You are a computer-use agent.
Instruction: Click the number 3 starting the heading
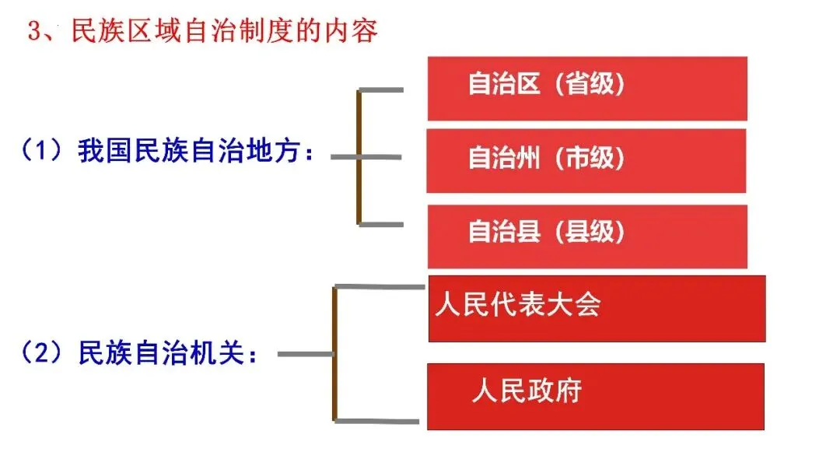point(33,32)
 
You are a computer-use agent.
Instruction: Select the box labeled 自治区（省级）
point(587,88)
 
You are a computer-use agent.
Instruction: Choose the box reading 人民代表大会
point(597,308)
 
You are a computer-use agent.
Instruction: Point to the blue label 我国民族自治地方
point(197,152)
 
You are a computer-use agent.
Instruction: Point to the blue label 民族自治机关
point(167,354)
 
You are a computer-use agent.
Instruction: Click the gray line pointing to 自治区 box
point(381,91)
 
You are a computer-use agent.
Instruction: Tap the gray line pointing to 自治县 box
point(381,224)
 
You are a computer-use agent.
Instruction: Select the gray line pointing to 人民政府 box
point(381,422)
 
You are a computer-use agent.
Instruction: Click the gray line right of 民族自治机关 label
point(305,355)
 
